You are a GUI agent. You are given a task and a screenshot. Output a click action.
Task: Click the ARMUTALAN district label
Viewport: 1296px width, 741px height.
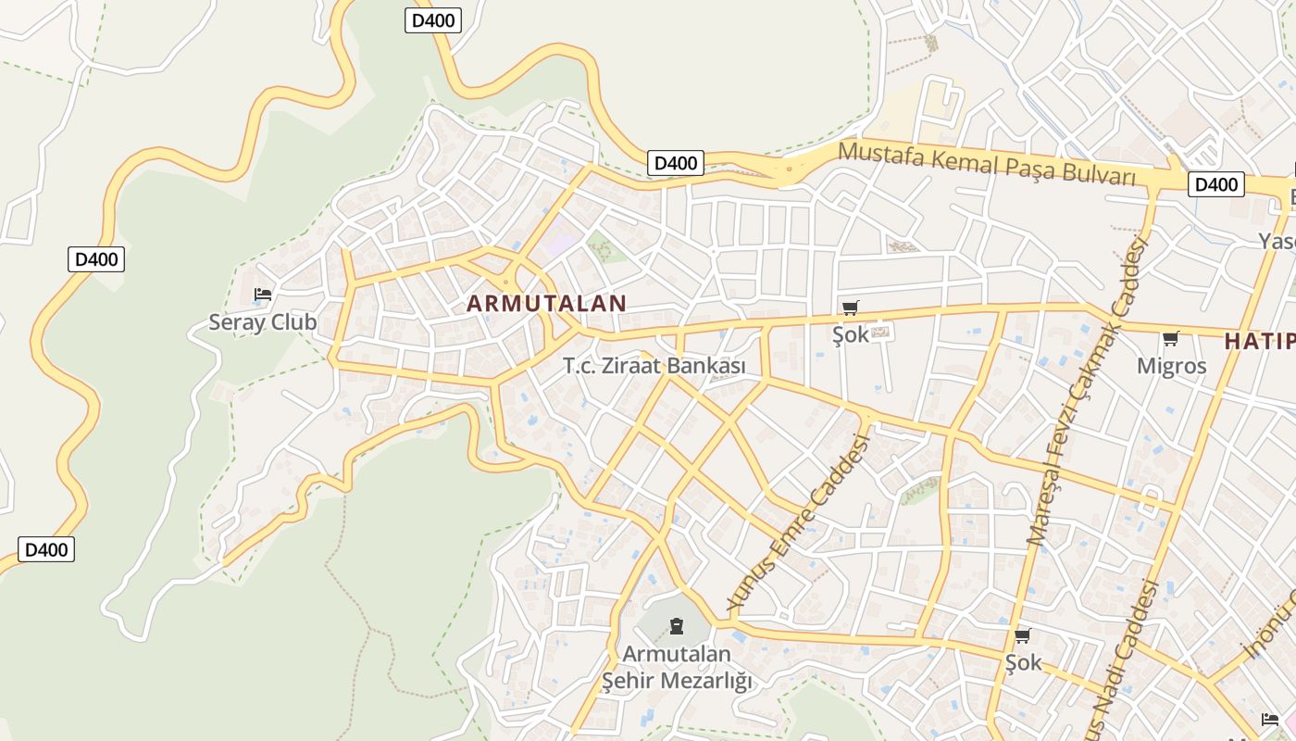[x=546, y=303]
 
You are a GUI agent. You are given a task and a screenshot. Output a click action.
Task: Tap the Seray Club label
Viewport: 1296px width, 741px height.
[x=262, y=322]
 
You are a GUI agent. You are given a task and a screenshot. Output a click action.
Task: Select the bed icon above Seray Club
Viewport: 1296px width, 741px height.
[x=263, y=295]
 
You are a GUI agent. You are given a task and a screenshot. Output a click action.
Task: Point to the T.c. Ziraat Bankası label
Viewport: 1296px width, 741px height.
[x=654, y=366]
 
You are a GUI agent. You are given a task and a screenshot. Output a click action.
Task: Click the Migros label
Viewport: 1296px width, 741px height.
[x=1171, y=366]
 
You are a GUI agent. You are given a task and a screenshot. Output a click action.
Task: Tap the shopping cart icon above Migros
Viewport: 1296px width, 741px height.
[x=1171, y=338]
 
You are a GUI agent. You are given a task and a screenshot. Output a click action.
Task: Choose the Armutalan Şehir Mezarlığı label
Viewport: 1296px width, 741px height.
[x=677, y=667]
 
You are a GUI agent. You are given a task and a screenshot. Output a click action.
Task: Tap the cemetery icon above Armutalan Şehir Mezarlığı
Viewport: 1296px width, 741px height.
[x=677, y=626]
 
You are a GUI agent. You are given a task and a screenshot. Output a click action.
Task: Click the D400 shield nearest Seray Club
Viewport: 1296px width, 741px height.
[x=96, y=259]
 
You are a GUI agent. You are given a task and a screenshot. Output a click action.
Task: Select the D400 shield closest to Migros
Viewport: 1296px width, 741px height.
[x=1215, y=184]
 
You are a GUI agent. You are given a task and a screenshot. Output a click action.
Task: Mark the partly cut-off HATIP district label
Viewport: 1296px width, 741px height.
[x=1259, y=341]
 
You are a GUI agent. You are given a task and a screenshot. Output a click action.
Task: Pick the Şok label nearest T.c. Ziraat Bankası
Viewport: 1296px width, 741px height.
[x=851, y=334]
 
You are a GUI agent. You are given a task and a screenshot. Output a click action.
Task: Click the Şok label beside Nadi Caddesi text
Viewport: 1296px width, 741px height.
[x=1023, y=662]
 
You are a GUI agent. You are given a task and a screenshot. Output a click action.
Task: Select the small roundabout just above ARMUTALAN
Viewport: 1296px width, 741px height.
[x=505, y=282]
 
